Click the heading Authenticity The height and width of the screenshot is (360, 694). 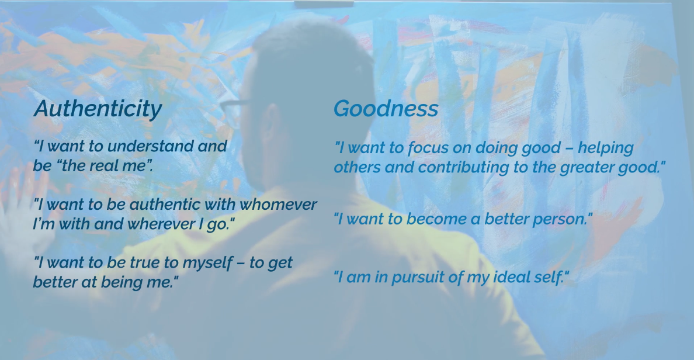[x=98, y=109]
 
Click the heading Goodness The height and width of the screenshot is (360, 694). [x=386, y=109]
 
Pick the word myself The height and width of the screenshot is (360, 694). [x=207, y=263]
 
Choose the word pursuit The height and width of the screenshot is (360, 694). [x=418, y=278]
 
